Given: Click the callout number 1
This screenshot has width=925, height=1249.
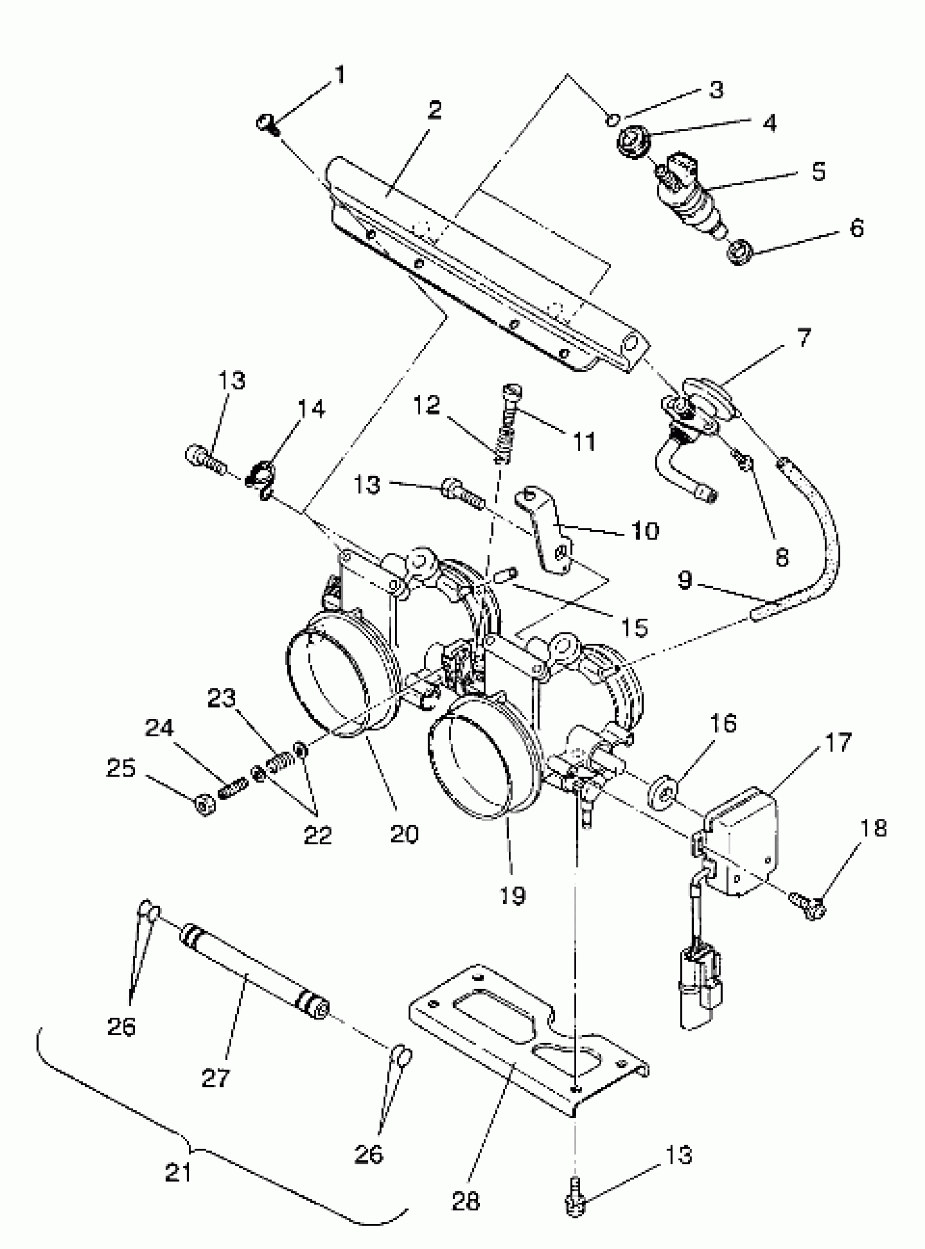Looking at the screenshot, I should pyautogui.click(x=341, y=75).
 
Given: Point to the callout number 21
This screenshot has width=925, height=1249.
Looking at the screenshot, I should pyautogui.click(x=178, y=1171).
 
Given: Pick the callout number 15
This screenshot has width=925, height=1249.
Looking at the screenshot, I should pyautogui.click(x=634, y=627).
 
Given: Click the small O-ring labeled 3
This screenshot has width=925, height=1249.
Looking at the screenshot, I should pyautogui.click(x=613, y=119).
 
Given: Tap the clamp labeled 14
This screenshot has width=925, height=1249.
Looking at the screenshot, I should pyautogui.click(x=261, y=475).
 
